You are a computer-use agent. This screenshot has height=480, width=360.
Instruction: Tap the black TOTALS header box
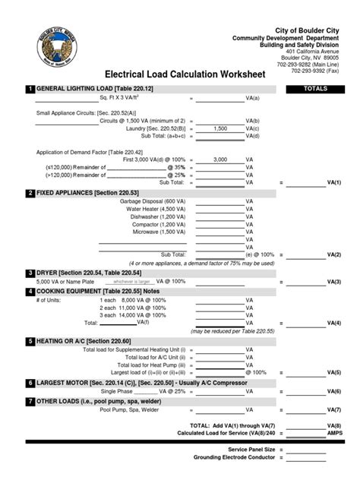coord(314,89)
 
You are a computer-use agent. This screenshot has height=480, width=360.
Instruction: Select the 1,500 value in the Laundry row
coord(220,129)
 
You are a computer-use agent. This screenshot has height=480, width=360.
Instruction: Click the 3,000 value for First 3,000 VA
coord(220,159)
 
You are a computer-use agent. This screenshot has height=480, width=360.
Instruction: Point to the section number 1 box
coord(30,89)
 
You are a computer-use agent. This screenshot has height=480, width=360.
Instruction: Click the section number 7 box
coord(30,400)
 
